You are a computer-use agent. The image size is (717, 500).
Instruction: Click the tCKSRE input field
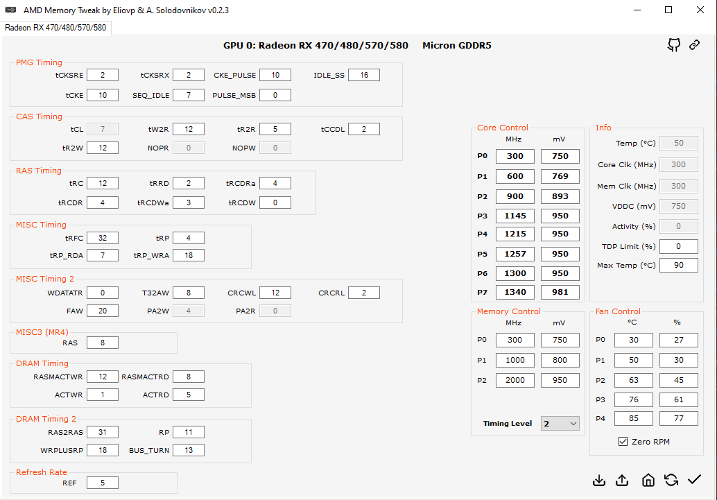point(103,75)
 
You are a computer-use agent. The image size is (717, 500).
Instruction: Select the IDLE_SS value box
point(364,75)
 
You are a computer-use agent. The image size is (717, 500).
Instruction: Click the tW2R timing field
point(189,129)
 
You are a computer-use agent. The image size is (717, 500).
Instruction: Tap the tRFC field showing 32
point(103,238)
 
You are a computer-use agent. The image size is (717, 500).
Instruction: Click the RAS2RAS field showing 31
point(103,432)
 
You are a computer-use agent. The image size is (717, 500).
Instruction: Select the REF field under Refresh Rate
point(103,483)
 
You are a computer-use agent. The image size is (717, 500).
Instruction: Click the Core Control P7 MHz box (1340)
point(515,292)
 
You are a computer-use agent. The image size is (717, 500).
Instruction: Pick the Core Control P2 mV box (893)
point(560,196)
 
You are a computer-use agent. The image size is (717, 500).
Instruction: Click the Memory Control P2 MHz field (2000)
point(515,380)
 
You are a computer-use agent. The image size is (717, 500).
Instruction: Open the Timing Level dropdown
point(560,423)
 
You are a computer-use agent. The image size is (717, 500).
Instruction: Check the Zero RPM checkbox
point(623,442)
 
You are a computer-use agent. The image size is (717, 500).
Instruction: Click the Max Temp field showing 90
point(678,266)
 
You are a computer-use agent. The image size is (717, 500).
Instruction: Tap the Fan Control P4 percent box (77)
point(678,418)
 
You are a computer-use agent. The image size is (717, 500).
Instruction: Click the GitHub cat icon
point(673,45)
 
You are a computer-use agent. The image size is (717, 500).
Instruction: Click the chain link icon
point(694,45)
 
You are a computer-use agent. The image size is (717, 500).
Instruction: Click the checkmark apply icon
point(694,480)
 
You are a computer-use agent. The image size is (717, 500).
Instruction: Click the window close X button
point(700,10)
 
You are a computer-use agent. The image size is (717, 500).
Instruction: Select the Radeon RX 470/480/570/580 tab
point(55,28)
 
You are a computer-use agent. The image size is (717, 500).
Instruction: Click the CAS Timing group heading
point(39,117)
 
